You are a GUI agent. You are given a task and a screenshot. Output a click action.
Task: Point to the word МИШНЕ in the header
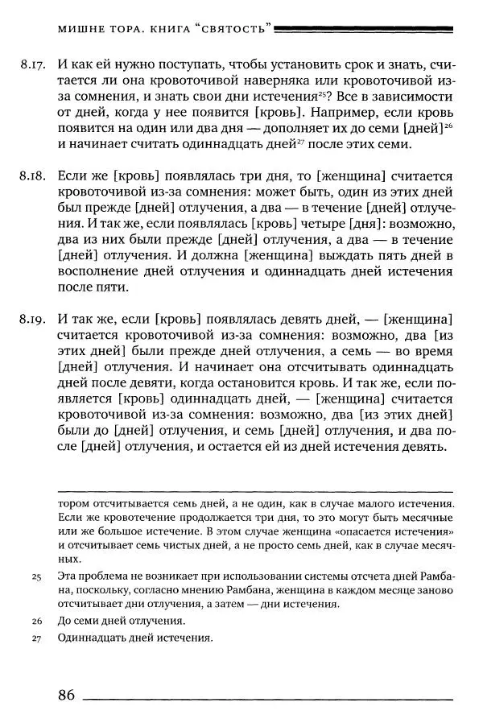85,30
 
